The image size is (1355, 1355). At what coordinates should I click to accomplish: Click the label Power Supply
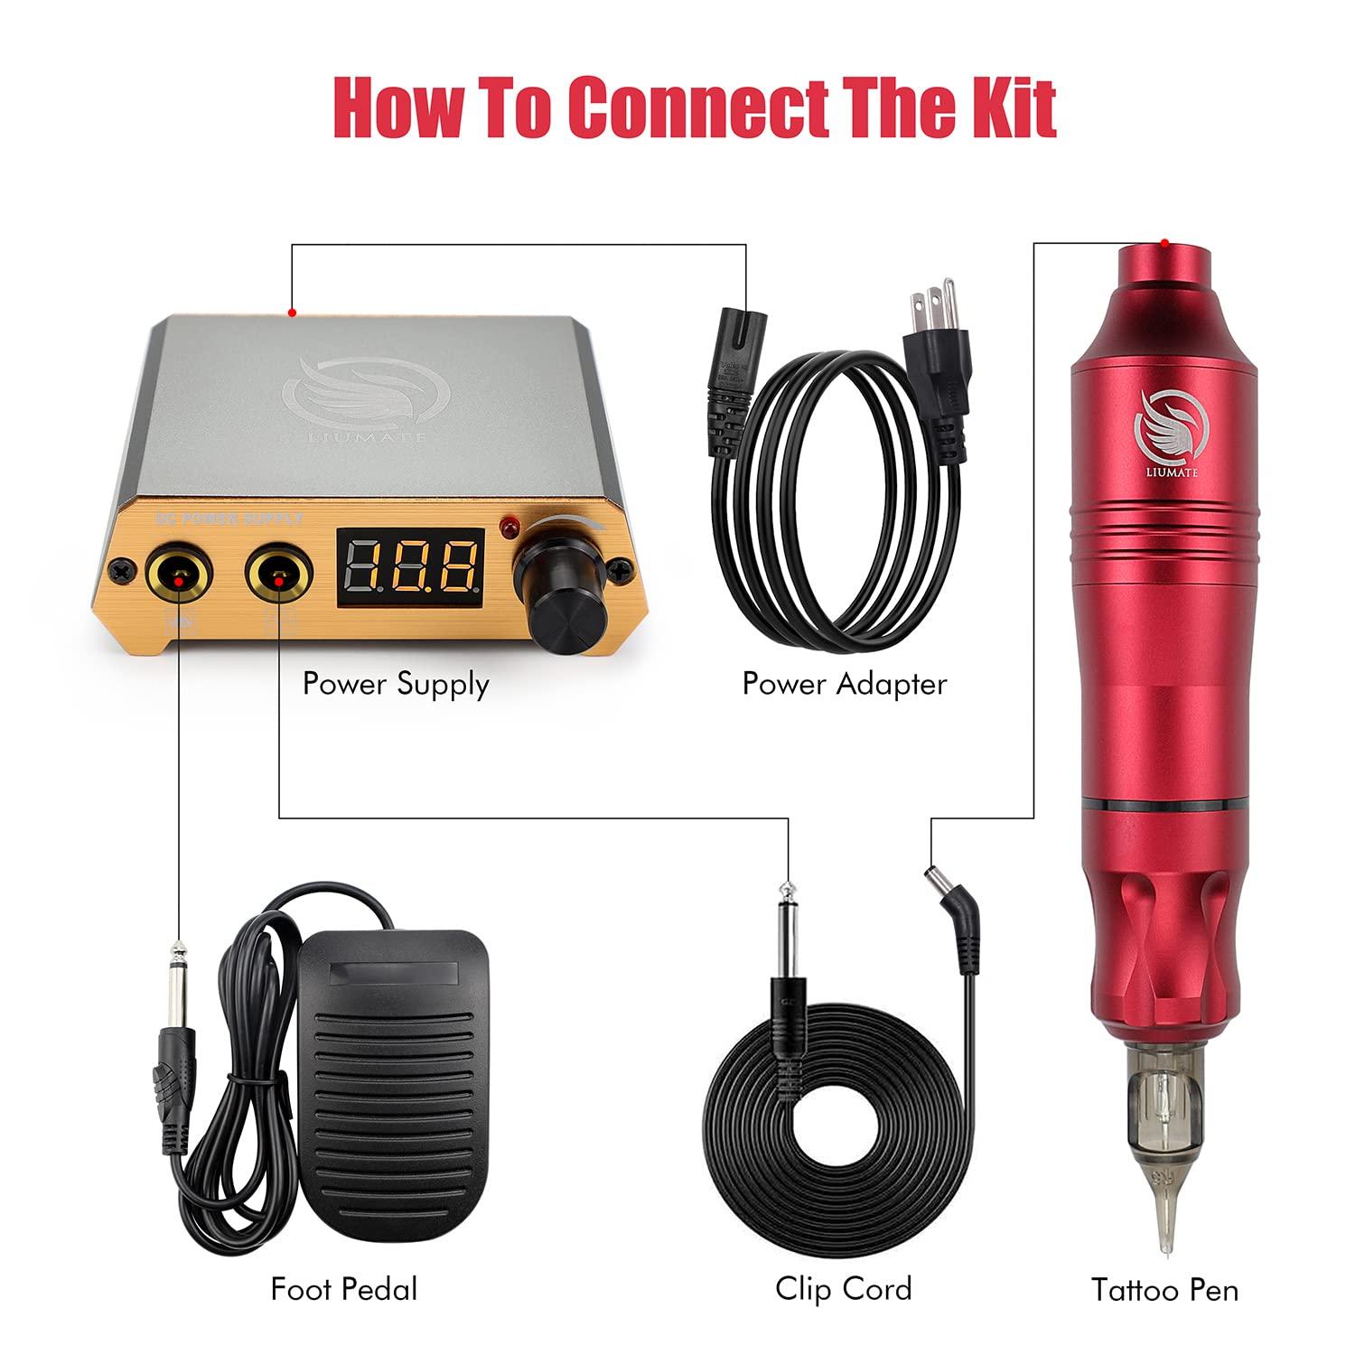point(396,684)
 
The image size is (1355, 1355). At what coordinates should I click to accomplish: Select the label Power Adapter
point(844,684)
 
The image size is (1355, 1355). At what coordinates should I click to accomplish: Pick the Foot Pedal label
point(344,1288)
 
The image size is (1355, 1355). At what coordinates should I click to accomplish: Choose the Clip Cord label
point(844,1288)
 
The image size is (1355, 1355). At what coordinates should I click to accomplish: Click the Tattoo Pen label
point(1164,1289)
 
